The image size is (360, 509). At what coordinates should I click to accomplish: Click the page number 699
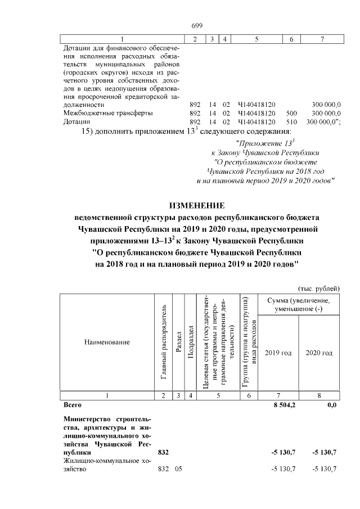pos(196,25)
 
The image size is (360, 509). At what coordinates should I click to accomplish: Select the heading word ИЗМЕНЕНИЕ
pos(196,205)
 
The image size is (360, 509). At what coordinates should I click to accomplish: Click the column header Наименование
pos(107,342)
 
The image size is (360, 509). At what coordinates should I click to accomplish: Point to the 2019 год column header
pos(278,353)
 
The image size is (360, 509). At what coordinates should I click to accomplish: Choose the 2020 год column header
pos(319,353)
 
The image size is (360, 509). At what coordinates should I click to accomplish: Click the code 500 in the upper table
pos(291,113)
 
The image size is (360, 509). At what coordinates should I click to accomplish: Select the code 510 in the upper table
pos(291,121)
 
